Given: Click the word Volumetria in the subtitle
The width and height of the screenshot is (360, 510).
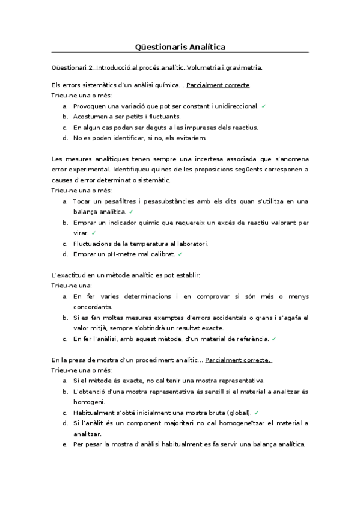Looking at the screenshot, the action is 204,67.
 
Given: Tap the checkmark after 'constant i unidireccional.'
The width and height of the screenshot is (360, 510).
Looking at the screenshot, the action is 264,106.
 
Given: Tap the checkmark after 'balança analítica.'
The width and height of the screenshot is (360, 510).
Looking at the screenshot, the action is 131,212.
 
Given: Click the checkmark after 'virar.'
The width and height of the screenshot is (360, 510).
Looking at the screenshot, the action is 94,233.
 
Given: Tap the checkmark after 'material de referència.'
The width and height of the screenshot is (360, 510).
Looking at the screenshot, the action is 274,339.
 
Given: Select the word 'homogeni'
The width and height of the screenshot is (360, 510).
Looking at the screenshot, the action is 89,402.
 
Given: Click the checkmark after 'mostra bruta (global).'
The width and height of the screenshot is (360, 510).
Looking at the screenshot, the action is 257,413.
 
